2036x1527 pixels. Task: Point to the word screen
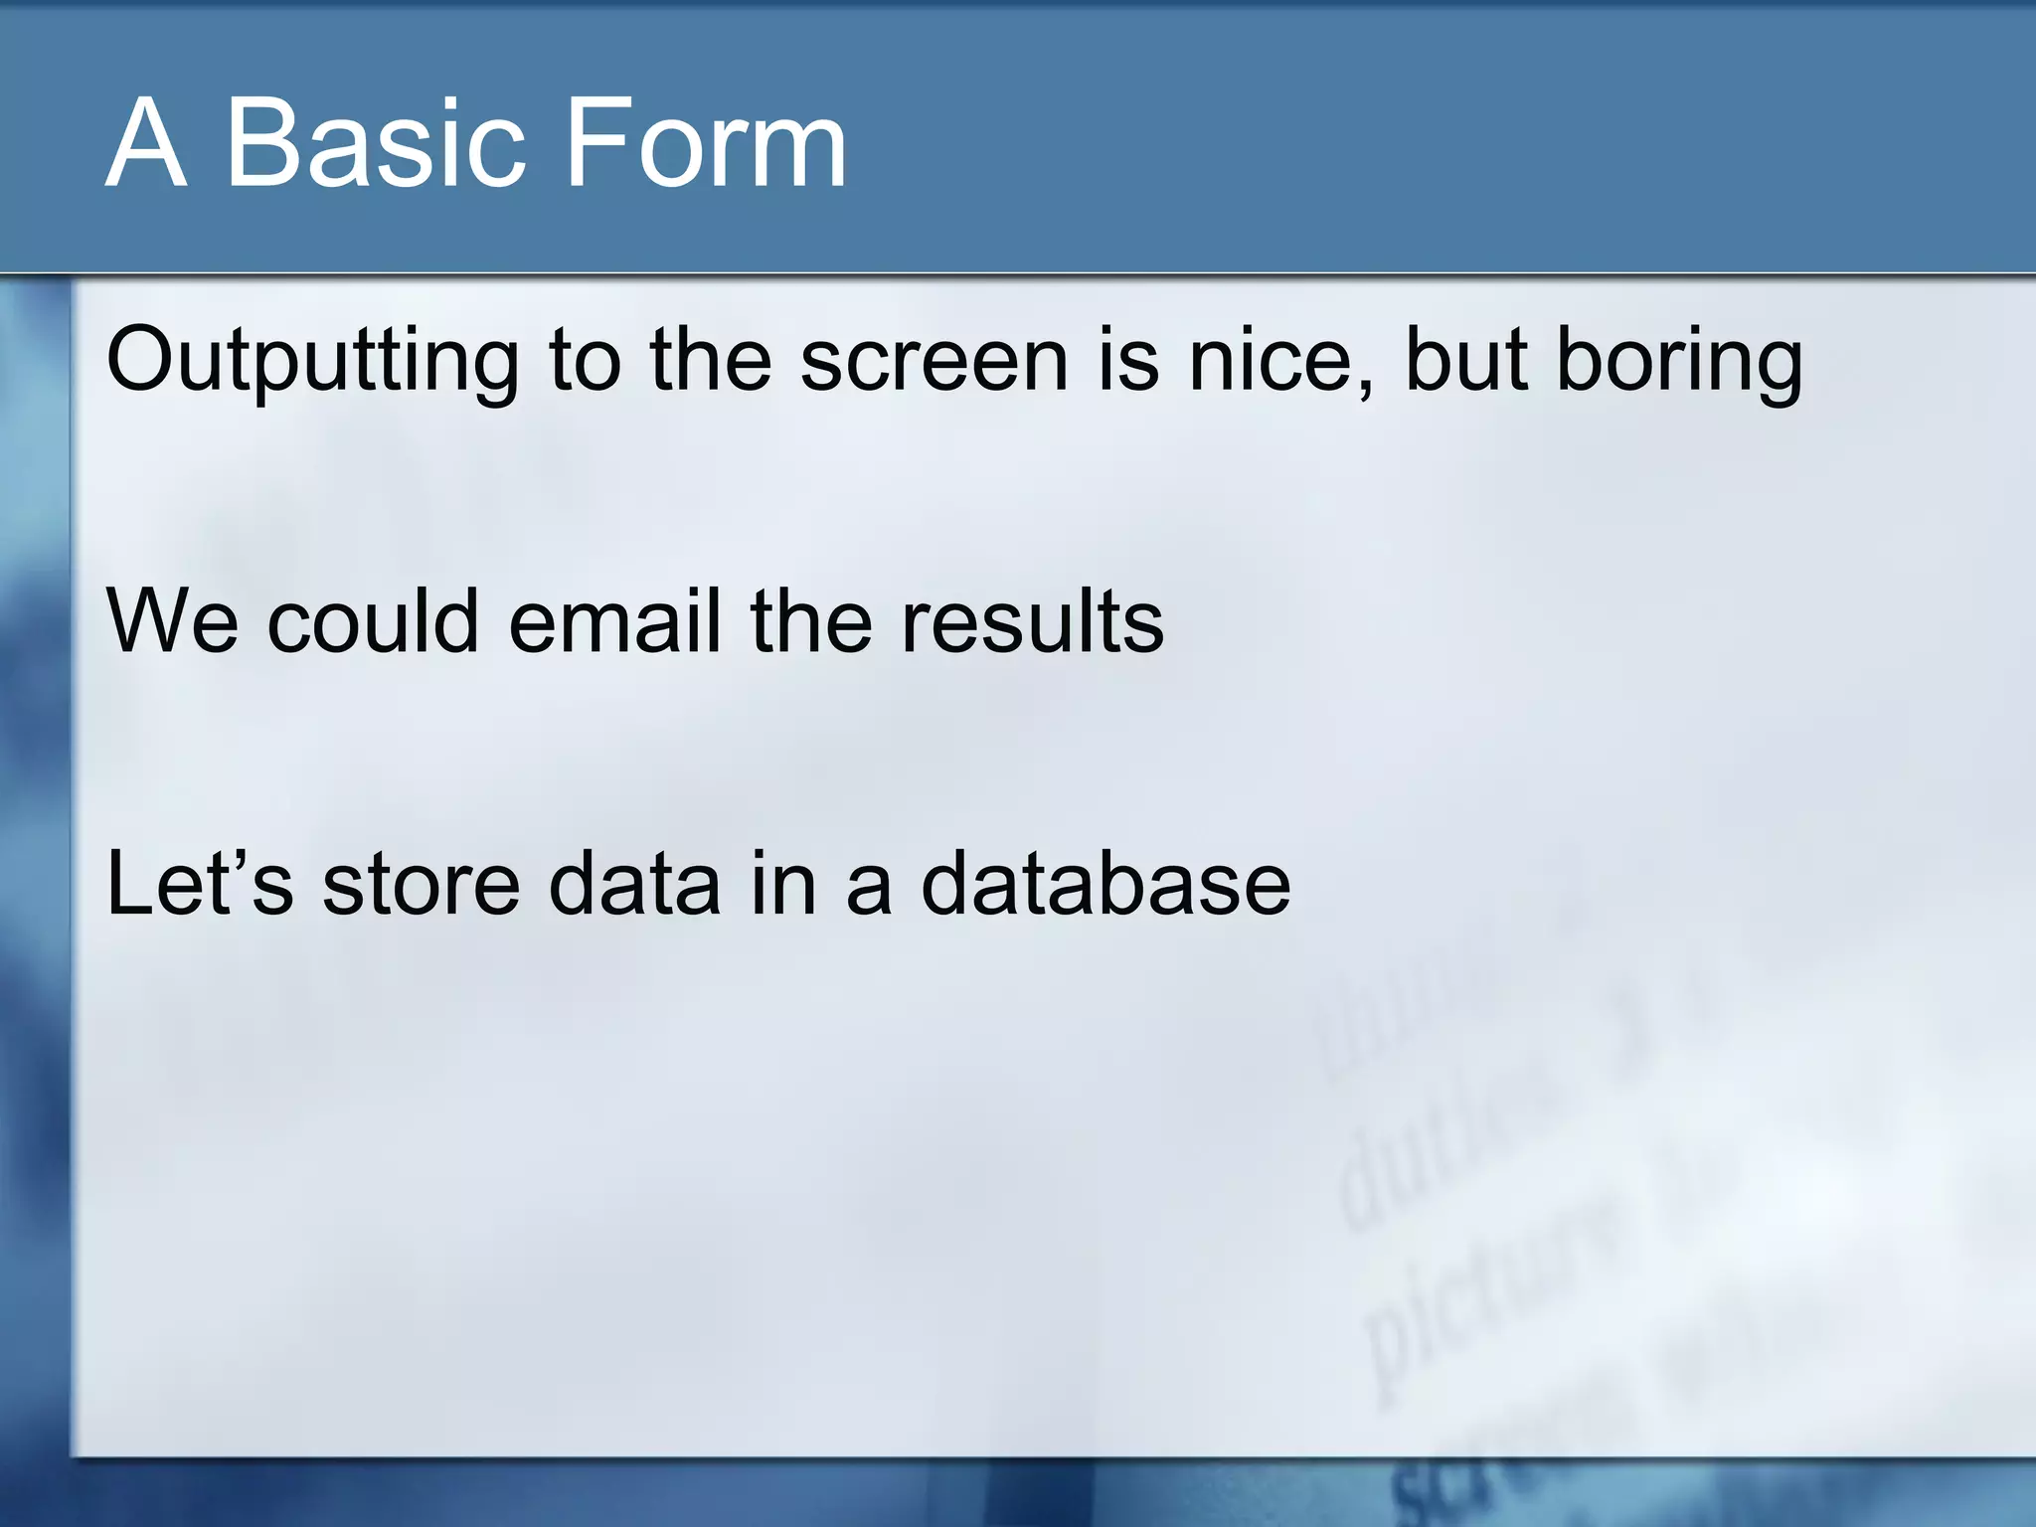point(934,360)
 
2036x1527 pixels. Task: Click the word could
point(374,621)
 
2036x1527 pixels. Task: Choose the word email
point(614,621)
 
